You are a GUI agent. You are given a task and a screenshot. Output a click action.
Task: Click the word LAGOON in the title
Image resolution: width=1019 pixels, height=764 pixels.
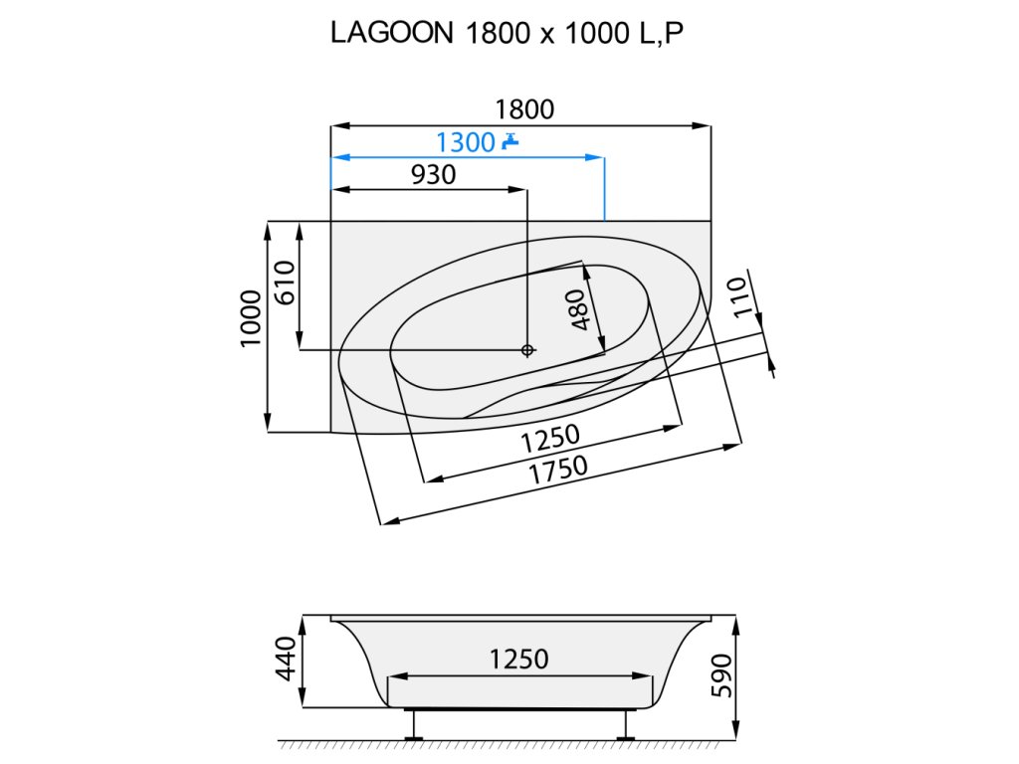pos(392,33)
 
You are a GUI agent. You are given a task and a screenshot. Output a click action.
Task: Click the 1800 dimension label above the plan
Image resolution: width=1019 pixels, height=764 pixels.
pos(524,109)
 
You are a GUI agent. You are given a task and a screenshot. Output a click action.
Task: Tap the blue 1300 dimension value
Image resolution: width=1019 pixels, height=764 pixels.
pos(466,142)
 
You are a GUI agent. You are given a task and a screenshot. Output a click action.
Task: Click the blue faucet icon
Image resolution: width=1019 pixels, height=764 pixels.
pos(511,140)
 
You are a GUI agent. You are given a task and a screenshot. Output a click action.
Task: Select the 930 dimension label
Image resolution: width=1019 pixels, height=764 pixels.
pos(434,175)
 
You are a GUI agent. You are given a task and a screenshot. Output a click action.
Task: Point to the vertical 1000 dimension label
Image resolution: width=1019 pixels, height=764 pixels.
pos(251,319)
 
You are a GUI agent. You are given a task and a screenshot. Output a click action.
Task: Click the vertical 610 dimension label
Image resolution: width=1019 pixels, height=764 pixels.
pos(285,283)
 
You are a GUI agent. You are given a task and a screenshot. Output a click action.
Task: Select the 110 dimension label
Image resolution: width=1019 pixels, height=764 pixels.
pos(739,297)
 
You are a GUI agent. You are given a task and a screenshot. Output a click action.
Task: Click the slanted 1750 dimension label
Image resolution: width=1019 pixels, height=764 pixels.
pos(557,470)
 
